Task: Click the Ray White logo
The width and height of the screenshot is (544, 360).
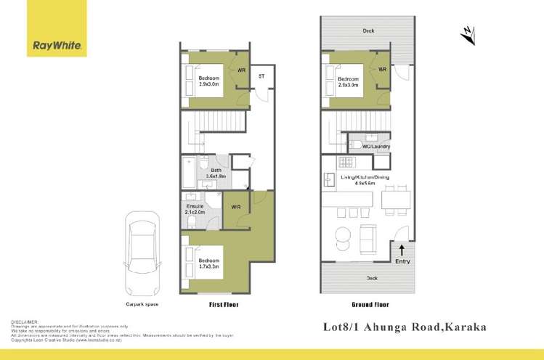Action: (x=58, y=46)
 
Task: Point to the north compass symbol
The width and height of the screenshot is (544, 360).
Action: (x=467, y=33)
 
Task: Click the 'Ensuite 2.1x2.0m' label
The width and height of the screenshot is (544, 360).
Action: (x=196, y=209)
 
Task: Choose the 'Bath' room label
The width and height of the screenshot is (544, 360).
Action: (x=216, y=171)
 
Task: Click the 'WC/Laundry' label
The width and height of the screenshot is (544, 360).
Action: (x=375, y=147)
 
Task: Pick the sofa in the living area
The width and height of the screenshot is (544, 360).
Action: (x=369, y=235)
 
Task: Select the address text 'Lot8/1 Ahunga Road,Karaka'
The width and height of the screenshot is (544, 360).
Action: (x=404, y=327)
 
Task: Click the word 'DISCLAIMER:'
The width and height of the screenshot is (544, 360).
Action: (x=25, y=321)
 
